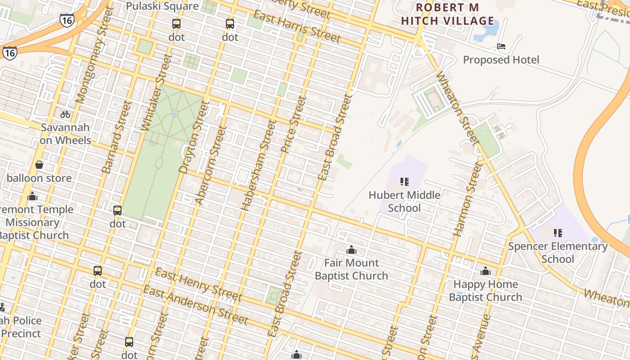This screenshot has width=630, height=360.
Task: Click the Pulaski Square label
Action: pos(162,6)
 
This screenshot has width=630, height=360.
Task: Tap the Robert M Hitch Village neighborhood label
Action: pos(447,14)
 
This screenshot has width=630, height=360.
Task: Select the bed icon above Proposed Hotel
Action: pos(501,46)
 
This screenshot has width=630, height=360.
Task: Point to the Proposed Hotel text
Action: pos(501,60)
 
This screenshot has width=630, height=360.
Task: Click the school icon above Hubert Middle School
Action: pos(404,182)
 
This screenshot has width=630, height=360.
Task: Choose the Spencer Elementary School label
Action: pos(558,252)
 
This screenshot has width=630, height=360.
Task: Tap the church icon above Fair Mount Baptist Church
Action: pos(351,250)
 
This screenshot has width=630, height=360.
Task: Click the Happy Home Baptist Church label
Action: pos(485,291)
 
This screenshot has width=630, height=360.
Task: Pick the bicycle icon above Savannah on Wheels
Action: pos(65,114)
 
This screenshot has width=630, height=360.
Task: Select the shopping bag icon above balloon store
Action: pos(39,165)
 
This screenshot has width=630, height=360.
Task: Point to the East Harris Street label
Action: pos(297,27)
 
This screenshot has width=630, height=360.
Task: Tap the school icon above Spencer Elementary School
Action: pos(558,233)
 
